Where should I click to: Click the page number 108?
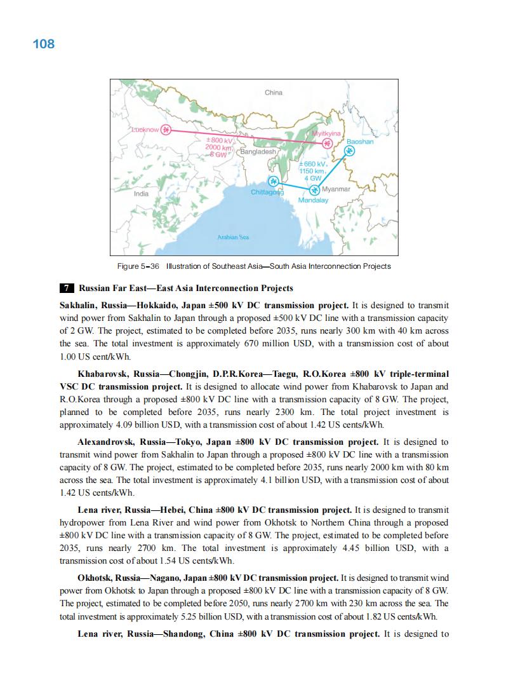pyautogui.click(x=43, y=44)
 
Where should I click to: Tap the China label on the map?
pyautogui.click(x=274, y=93)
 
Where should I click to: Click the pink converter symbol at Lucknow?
pyautogui.click(x=166, y=130)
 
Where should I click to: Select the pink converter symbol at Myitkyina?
pyautogui.click(x=327, y=144)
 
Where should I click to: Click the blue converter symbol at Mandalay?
pyautogui.click(x=314, y=190)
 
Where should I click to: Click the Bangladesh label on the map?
pyautogui.click(x=258, y=152)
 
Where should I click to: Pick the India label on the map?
pyautogui.click(x=142, y=193)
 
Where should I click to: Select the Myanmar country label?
pyautogui.click(x=336, y=189)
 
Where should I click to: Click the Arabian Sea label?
pyautogui.click(x=234, y=237)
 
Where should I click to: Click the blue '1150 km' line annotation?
pyautogui.click(x=312, y=171)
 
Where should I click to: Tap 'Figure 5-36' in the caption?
pyautogui.click(x=138, y=266)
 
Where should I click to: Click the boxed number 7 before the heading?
pyautogui.click(x=65, y=288)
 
